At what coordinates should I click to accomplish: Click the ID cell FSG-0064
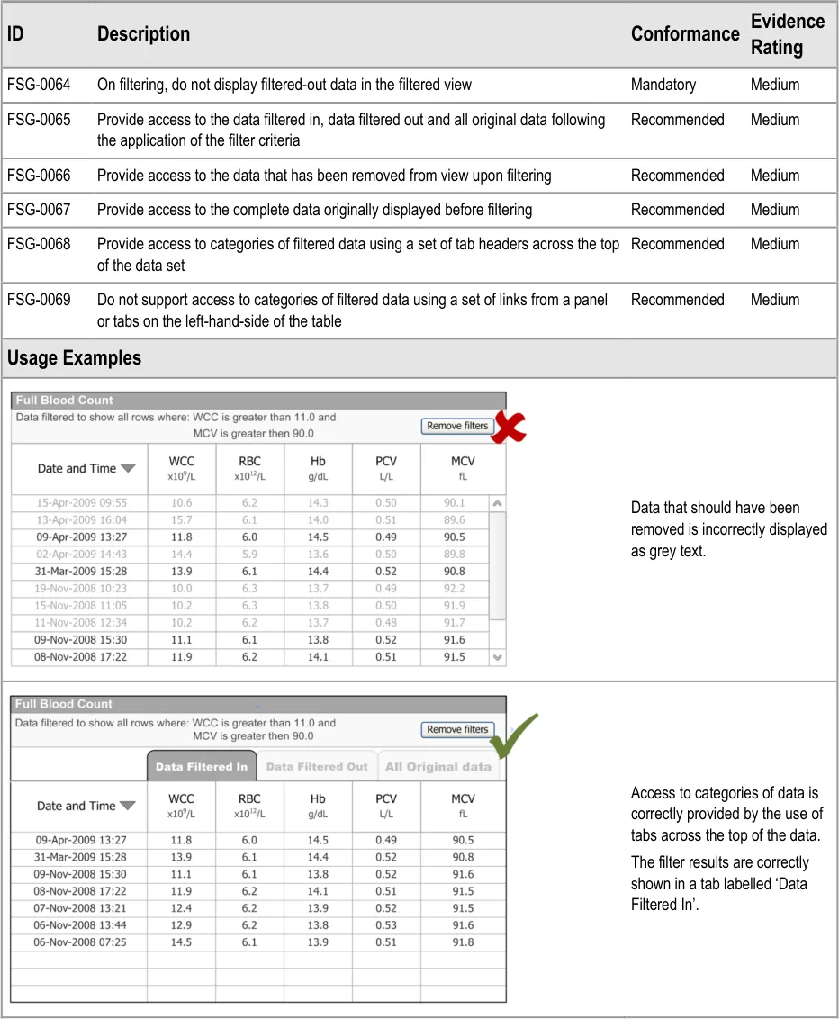coord(39,85)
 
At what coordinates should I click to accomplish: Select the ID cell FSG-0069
coord(39,300)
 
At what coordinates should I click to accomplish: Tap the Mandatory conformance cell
coord(663,85)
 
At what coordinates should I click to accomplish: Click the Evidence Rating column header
coord(787,34)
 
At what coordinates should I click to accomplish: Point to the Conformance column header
coord(685,34)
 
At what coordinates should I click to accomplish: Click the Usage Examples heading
coord(74,358)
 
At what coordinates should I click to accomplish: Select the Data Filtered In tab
coord(202,767)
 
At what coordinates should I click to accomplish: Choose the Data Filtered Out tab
coord(317,767)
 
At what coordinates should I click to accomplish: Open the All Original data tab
coord(438,767)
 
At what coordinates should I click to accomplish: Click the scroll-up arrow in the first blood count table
coord(498,503)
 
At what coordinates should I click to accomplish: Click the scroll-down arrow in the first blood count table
coord(498,658)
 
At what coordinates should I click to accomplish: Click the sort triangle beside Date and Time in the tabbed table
coord(128,807)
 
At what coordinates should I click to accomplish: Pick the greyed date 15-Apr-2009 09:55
coord(81,503)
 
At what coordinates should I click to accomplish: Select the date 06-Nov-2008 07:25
coord(81,942)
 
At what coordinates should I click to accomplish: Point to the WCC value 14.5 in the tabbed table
coord(181,942)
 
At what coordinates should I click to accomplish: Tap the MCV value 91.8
coord(464,942)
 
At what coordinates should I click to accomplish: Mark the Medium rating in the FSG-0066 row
coord(774,176)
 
